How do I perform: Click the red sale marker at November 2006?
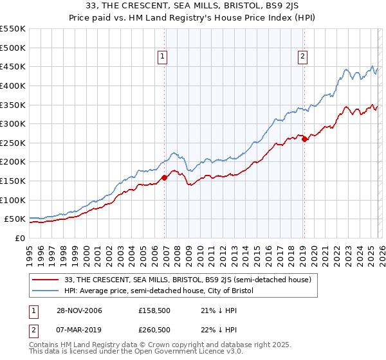(x=165, y=177)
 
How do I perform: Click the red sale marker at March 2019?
(x=304, y=139)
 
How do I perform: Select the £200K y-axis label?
(x=13, y=162)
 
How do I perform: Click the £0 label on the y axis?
(x=19, y=239)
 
